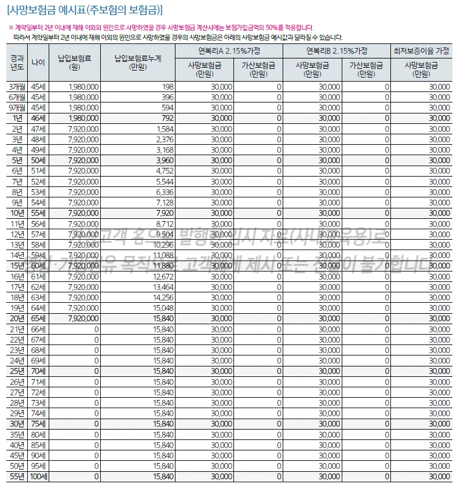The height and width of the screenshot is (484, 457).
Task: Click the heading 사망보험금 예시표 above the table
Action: (x=85, y=9)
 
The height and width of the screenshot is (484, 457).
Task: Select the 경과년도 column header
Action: (x=17, y=62)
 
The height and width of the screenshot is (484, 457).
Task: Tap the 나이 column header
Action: (x=38, y=62)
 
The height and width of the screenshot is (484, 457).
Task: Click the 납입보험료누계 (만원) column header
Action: (x=138, y=62)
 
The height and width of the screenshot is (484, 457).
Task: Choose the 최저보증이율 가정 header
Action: (x=421, y=50)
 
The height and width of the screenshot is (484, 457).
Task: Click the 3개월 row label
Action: (x=17, y=86)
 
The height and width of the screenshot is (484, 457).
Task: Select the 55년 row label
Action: (x=17, y=476)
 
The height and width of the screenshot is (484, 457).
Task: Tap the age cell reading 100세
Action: (x=38, y=476)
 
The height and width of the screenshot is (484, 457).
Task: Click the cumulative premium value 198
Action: (x=168, y=86)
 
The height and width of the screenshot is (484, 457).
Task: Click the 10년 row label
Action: (x=17, y=212)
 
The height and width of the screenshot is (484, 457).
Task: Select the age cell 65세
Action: (x=38, y=318)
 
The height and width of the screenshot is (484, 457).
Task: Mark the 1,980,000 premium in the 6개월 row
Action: (x=83, y=97)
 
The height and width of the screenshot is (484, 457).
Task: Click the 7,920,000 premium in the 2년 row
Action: (x=83, y=129)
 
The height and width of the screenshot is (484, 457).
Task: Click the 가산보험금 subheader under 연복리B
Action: (x=367, y=69)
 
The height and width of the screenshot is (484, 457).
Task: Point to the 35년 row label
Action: (x=17, y=434)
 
